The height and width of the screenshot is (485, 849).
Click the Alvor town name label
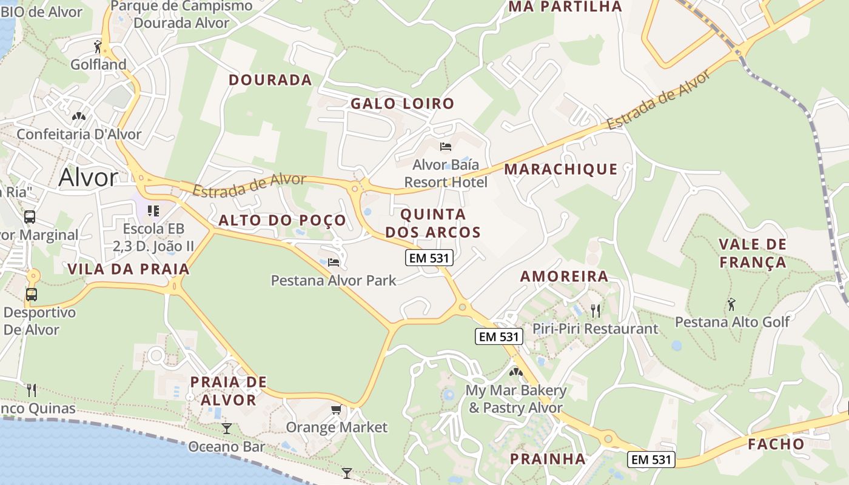[x=89, y=178]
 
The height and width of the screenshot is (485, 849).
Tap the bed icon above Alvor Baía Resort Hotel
[x=446, y=147]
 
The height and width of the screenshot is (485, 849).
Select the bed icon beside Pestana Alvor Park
[x=333, y=263]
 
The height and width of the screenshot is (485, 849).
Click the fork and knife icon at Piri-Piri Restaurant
[x=596, y=311]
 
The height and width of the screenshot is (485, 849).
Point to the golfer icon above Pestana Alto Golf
[x=731, y=304]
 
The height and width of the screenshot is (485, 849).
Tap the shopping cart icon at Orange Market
[x=336, y=410]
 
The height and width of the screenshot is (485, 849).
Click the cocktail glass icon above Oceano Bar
[x=227, y=429]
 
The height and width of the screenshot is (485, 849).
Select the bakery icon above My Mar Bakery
[x=515, y=372]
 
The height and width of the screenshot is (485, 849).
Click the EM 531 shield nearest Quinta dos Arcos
[x=429, y=258]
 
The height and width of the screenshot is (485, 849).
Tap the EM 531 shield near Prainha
[x=651, y=460]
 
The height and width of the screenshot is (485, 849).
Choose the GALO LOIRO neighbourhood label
[x=403, y=104]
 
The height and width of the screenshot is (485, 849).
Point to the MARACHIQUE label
[x=561, y=169]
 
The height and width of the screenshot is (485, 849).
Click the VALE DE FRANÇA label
[x=753, y=253]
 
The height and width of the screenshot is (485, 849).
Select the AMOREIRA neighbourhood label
[x=564, y=276]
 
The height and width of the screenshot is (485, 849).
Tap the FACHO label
[x=776, y=444]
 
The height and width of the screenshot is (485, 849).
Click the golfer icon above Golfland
[x=98, y=46]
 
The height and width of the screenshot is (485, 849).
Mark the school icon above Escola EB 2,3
[x=153, y=211]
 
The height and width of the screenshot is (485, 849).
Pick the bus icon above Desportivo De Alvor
[x=31, y=295]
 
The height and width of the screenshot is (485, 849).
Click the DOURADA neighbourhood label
[x=270, y=80]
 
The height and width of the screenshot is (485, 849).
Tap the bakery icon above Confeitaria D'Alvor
[x=79, y=116]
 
